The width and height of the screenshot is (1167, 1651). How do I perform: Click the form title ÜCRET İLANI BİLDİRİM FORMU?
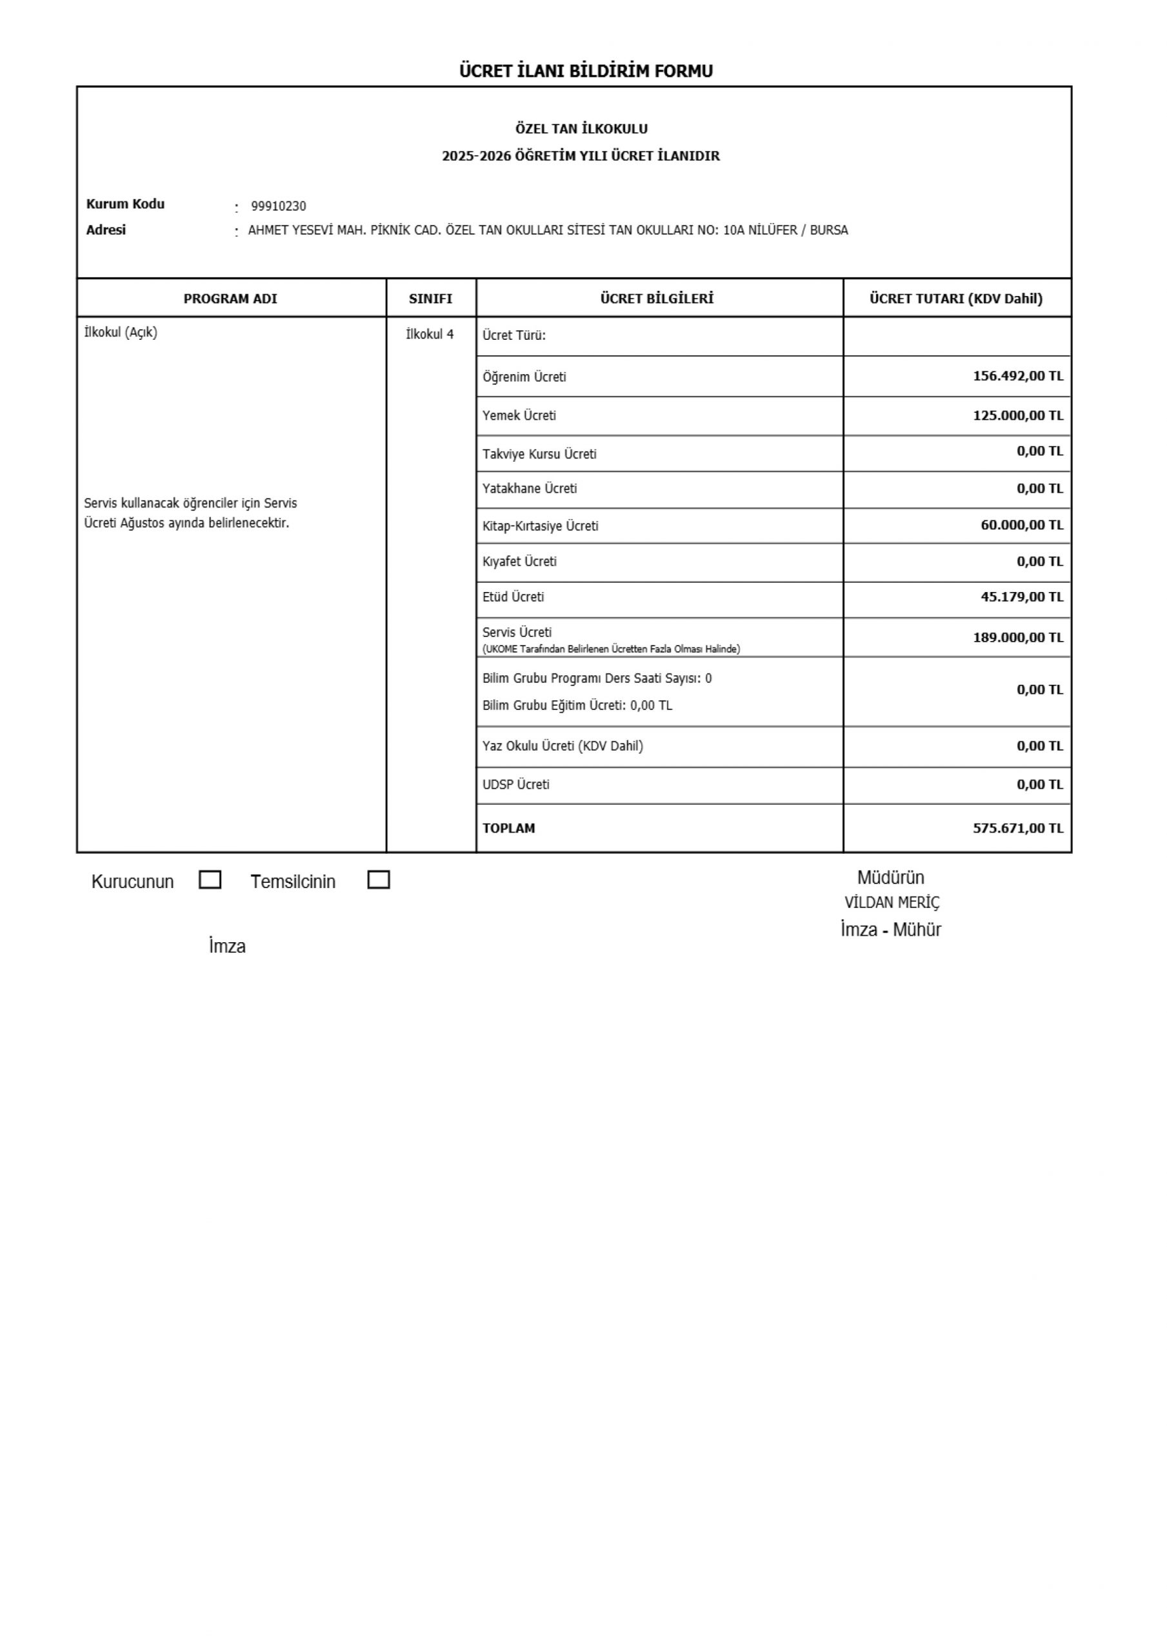point(586,71)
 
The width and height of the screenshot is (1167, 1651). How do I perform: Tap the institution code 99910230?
point(279,206)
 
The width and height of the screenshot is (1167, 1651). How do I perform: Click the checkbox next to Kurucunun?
point(210,880)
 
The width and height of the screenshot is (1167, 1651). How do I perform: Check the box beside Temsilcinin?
point(379,880)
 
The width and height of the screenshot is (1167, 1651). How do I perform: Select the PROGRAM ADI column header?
point(230,299)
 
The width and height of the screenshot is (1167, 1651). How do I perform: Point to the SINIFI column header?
point(430,299)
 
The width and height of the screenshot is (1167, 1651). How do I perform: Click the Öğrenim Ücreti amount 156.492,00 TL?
point(1017,375)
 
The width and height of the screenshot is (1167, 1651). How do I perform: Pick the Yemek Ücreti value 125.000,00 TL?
point(1017,415)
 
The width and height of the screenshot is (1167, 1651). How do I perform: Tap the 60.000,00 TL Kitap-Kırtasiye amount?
point(1021,525)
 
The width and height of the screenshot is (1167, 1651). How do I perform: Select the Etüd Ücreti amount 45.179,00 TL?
point(1021,597)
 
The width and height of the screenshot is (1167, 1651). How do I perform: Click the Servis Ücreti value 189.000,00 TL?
point(1017,637)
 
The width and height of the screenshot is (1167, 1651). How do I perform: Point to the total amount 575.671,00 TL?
point(1017,827)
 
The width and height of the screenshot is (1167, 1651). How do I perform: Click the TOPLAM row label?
point(509,828)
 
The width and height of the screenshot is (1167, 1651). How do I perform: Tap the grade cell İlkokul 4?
point(430,334)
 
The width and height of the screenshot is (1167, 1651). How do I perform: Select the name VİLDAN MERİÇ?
point(892,902)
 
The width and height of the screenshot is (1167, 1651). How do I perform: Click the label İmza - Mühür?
point(891,930)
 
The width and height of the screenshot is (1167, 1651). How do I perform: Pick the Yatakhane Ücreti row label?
point(530,489)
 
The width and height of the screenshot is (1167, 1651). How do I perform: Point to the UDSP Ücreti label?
point(516,784)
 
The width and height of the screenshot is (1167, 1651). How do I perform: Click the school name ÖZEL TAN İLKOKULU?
point(581,130)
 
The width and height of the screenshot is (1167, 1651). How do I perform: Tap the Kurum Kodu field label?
point(125,204)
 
